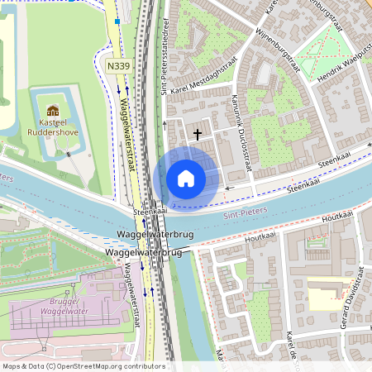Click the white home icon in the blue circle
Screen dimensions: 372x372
[x=186, y=179]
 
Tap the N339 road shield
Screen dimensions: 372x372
[x=118, y=64]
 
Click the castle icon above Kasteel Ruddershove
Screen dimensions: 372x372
[x=53, y=111]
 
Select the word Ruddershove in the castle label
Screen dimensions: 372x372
[x=53, y=131]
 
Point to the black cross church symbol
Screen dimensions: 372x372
[x=198, y=132]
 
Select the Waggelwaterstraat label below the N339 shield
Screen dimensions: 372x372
[x=128, y=132]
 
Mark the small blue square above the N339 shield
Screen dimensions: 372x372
[x=117, y=21]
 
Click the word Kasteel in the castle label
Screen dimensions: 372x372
[x=53, y=122]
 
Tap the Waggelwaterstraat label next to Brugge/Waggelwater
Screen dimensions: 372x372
[x=130, y=285]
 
